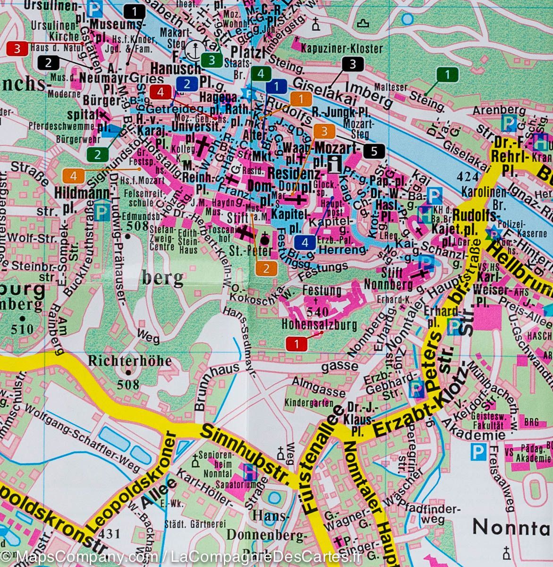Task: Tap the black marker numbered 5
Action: (374, 151)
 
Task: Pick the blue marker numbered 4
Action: (305, 243)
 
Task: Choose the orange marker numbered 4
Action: (73, 176)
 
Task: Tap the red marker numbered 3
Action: (17, 48)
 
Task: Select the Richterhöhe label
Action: (129, 361)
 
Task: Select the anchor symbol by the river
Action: (194, 49)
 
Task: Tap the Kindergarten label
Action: (306, 403)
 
